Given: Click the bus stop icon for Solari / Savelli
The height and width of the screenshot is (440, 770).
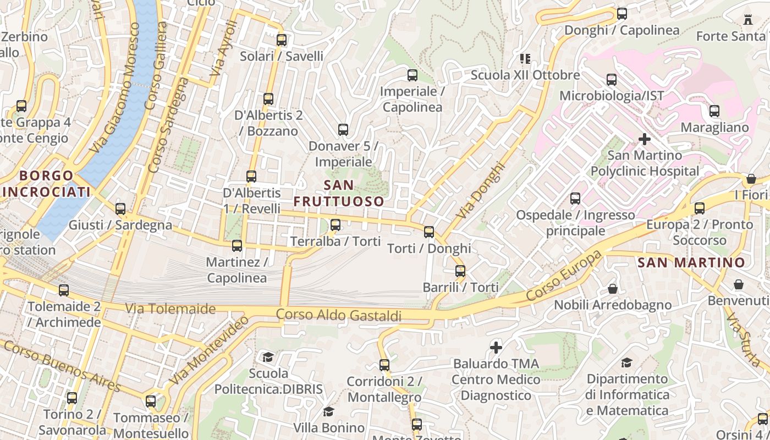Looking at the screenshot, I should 282,40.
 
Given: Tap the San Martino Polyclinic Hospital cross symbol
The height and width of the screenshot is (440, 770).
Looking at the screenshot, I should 644,139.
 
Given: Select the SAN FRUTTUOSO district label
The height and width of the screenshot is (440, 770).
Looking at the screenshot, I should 339,193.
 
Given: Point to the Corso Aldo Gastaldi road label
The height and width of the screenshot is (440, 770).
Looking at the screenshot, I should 338,315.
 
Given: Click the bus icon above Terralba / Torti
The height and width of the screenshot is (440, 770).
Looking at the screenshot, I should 335,225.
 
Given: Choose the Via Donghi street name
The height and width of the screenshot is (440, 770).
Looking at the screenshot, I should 480,190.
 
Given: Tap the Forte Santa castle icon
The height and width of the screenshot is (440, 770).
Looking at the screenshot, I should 747,20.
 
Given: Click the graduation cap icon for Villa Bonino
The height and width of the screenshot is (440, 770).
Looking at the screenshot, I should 328,412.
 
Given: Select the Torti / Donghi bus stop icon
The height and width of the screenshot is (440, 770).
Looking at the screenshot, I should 429,232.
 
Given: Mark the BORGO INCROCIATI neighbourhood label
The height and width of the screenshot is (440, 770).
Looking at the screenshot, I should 46,184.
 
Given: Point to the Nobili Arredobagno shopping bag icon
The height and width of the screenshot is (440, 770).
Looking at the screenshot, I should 612,289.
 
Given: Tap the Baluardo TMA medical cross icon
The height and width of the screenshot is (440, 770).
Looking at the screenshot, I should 496,348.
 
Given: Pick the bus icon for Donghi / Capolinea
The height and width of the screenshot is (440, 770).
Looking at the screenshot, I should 622,14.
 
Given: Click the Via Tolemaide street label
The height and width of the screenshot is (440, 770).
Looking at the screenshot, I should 170,309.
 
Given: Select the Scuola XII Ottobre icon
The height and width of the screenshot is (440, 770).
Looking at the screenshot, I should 525,58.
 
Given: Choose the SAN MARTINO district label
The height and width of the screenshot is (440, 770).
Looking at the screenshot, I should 691,262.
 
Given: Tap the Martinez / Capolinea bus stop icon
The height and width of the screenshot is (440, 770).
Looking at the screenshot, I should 237,246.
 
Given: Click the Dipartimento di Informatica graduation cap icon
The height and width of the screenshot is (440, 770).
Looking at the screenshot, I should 626,362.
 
